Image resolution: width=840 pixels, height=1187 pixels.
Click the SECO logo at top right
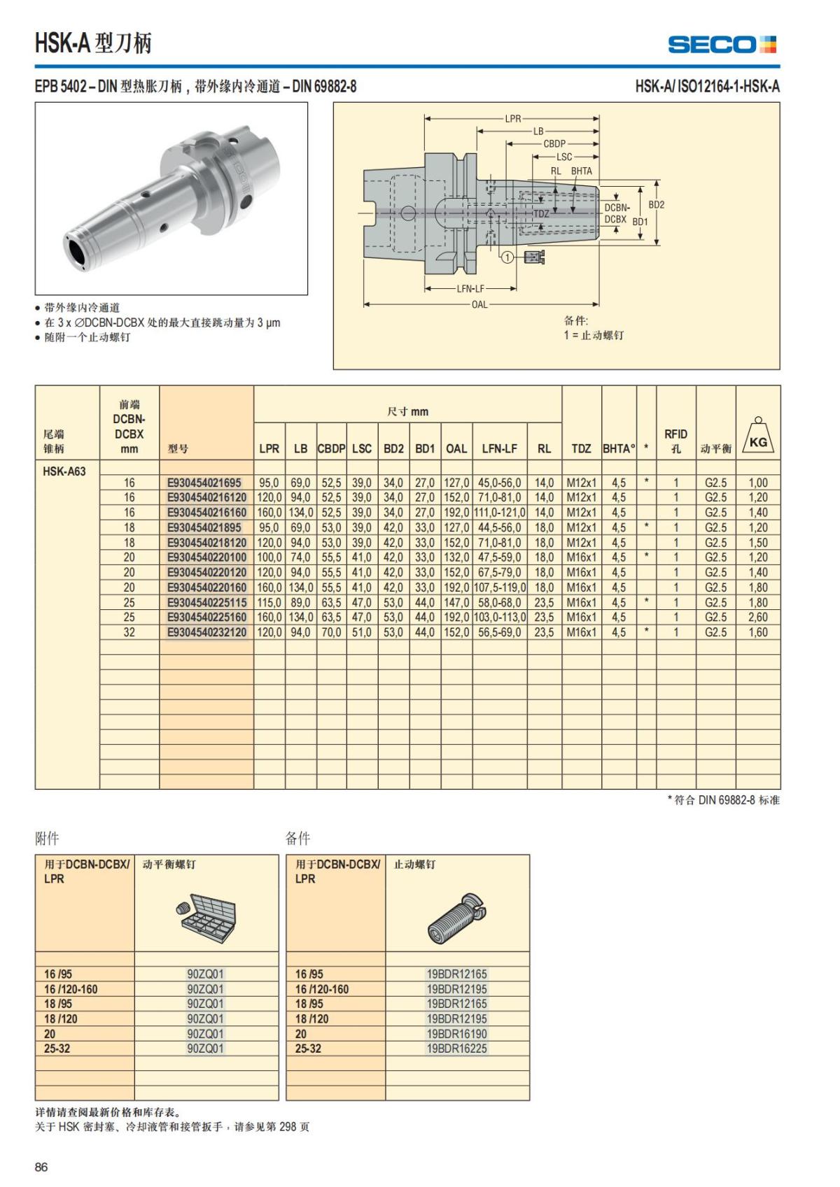tap(722, 45)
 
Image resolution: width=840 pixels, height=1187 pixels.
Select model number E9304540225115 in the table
tap(206, 602)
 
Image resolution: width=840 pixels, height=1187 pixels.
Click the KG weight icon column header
tap(758, 436)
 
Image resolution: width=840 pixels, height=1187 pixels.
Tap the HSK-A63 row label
tap(64, 471)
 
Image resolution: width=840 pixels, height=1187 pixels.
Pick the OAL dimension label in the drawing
tap(479, 304)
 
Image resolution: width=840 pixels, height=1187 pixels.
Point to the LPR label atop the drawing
tap(513, 118)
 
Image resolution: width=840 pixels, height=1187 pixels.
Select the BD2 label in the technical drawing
tap(656, 205)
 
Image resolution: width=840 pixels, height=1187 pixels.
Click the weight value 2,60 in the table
tap(758, 617)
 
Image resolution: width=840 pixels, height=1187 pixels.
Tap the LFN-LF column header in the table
tap(499, 448)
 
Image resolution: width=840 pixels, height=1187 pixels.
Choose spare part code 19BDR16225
tap(456, 1048)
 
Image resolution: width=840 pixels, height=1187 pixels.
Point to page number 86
tap(41, 1167)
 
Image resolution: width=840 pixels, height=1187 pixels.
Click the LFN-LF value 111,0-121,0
tap(499, 513)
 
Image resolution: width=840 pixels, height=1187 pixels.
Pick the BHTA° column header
tap(619, 448)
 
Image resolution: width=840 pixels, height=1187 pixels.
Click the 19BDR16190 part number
tap(456, 1033)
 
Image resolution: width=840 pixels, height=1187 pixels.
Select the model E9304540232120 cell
tap(206, 632)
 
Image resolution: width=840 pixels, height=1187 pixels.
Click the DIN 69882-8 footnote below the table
tap(723, 799)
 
